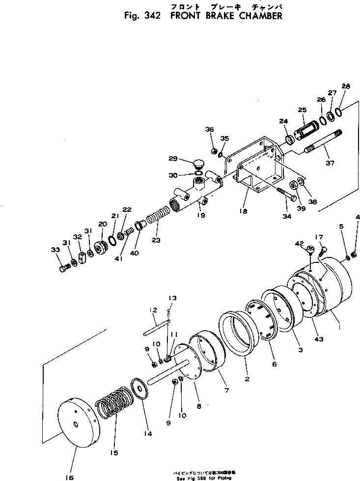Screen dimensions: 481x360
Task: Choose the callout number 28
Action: point(346,86)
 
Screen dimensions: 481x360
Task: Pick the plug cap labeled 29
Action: point(199,163)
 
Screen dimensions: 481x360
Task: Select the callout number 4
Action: point(357,217)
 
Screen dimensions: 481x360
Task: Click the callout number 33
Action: point(55,250)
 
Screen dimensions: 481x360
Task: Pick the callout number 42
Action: point(300,243)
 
